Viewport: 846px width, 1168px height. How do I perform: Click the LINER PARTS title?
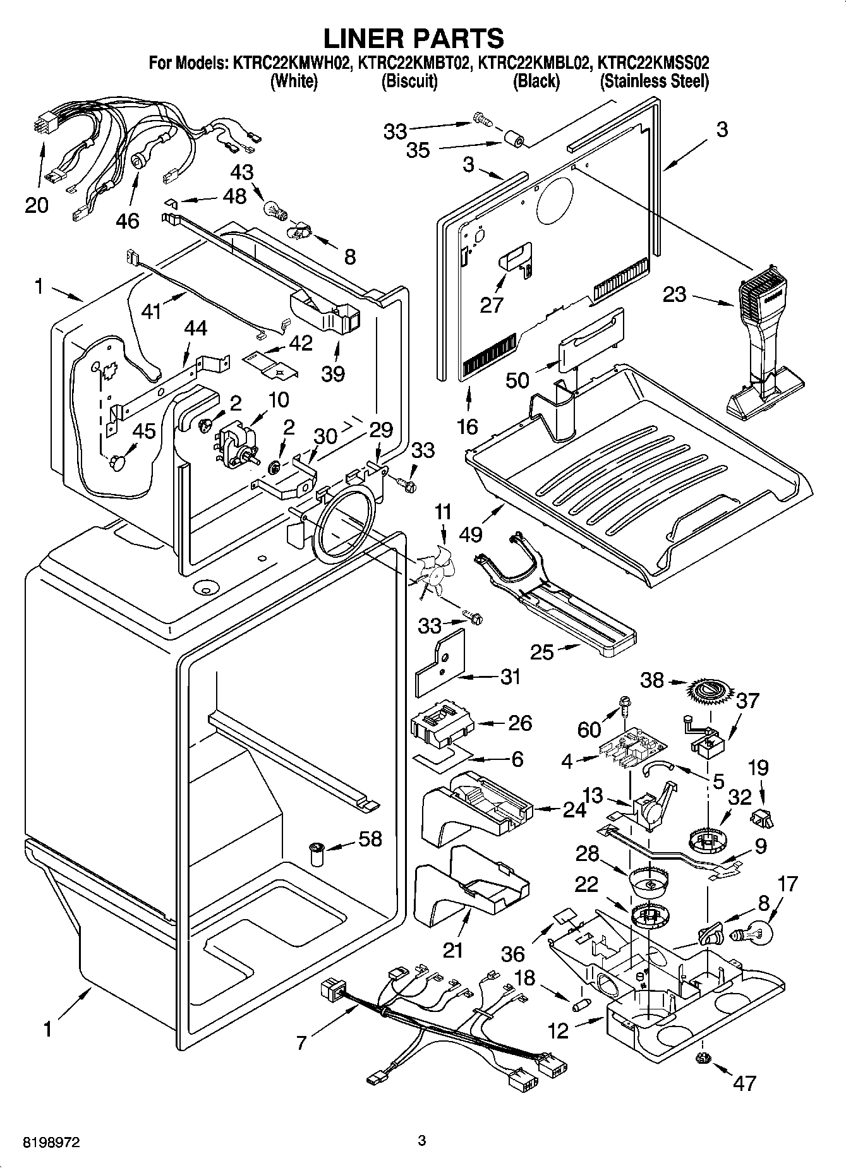coord(414,38)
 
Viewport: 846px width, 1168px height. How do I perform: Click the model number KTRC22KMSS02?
coord(653,63)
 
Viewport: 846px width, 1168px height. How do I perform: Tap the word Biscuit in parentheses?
coord(409,81)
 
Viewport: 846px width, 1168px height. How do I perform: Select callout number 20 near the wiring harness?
coord(37,205)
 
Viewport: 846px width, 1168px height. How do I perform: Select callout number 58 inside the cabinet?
coord(371,838)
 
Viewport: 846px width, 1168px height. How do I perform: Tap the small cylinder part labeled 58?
coord(317,854)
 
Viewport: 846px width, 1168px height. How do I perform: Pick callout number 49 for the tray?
coord(471,534)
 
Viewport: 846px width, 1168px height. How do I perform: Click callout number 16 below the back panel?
coord(468,426)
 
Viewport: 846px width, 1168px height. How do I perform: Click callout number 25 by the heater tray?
coord(542,651)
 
